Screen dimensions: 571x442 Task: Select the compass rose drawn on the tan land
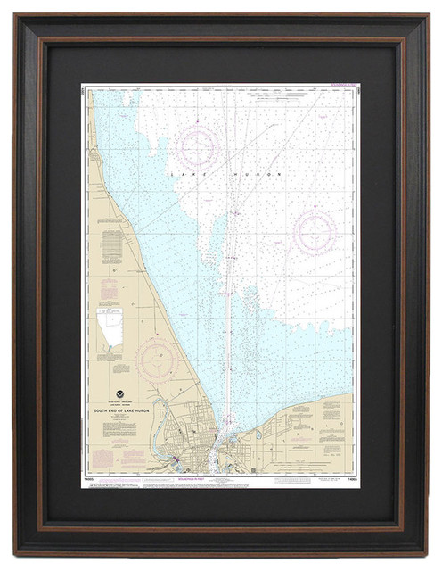click(x=157, y=358)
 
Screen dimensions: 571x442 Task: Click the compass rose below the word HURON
click(x=314, y=233)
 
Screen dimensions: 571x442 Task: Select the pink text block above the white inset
click(x=108, y=290)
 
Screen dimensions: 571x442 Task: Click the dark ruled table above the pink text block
click(x=110, y=246)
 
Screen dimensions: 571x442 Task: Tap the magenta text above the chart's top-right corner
click(x=334, y=87)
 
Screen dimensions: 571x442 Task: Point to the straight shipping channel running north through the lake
click(x=227, y=268)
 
